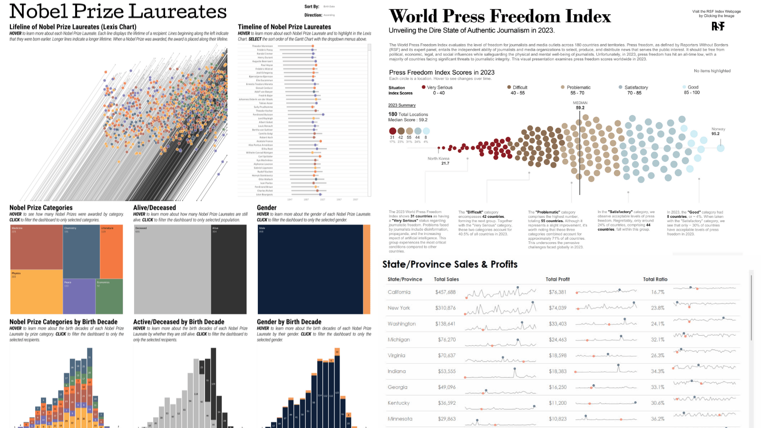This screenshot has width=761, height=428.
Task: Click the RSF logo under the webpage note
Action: (718, 26)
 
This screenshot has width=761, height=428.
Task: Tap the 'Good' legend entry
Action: (693, 88)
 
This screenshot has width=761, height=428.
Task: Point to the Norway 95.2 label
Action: (718, 131)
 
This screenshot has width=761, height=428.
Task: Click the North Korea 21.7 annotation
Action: (439, 161)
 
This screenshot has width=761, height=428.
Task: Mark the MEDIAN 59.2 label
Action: (580, 105)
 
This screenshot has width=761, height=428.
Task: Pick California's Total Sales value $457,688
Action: (445, 292)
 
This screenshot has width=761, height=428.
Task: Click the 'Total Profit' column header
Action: (557, 279)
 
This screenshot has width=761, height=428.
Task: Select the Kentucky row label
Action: (399, 403)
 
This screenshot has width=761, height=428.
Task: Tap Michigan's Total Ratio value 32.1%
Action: (658, 340)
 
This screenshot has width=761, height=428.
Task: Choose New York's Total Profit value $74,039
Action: (557, 308)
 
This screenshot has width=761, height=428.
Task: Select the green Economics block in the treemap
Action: (109, 296)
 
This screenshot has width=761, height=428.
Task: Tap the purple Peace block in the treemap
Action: (79, 296)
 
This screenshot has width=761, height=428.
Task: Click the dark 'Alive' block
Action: (229, 270)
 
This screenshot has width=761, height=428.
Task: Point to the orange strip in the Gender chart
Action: (367, 270)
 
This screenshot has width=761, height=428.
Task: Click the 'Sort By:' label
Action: (312, 7)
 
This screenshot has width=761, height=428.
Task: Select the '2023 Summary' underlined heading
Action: (402, 105)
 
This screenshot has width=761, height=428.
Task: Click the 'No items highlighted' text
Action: (712, 71)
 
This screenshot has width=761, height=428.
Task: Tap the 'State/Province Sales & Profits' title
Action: (450, 264)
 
